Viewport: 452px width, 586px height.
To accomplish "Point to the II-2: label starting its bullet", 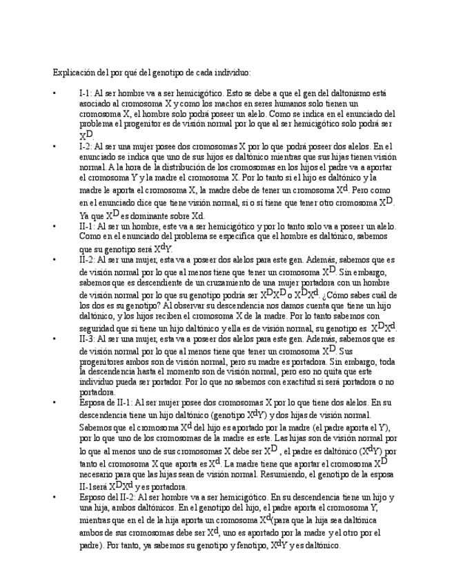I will [x=88, y=261].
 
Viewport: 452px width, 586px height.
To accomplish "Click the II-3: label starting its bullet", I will [x=88, y=340].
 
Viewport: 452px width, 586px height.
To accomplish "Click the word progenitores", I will [x=102, y=361].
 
